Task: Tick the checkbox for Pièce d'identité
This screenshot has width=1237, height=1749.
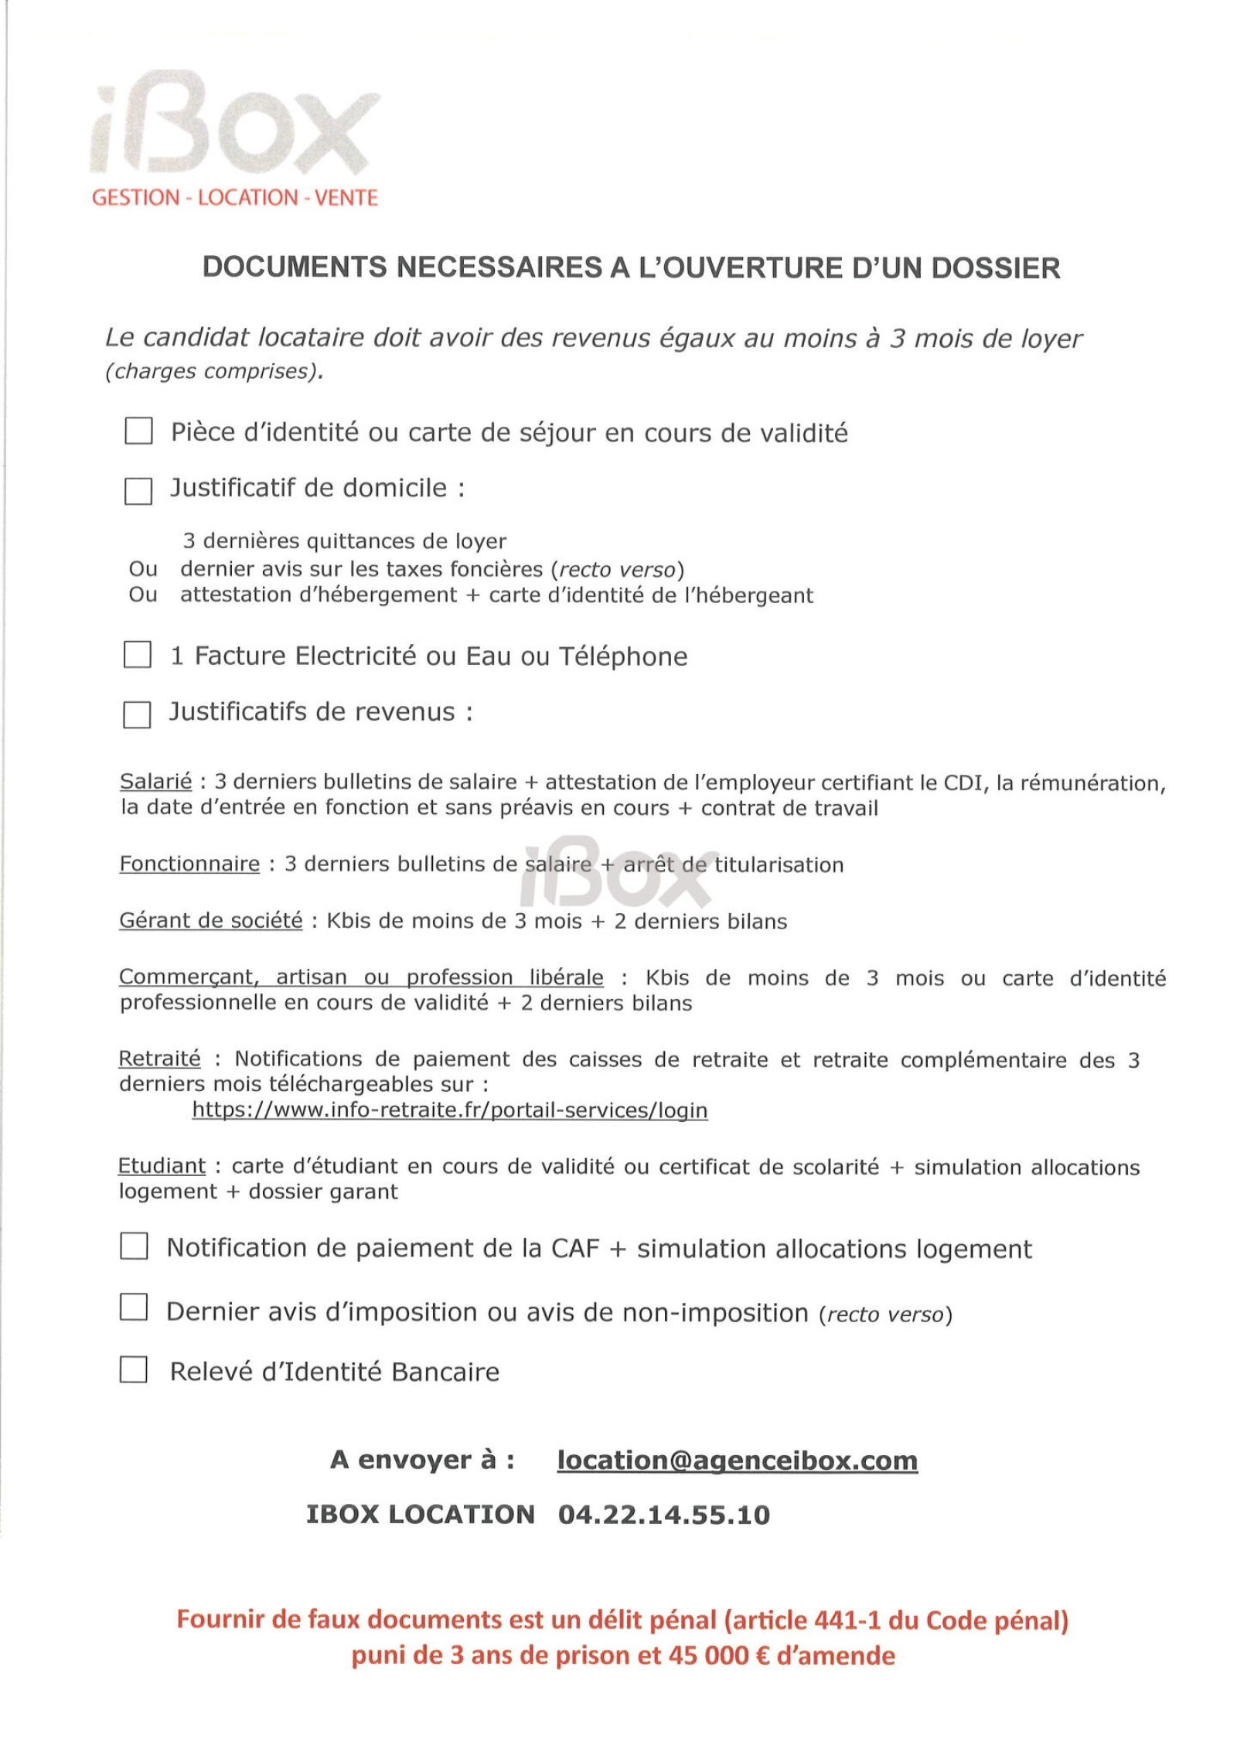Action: tap(138, 431)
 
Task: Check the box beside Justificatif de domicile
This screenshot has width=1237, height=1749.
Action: tap(138, 491)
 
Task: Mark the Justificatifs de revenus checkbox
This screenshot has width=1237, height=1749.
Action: tap(137, 714)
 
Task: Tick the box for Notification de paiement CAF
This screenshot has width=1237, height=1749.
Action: tap(134, 1246)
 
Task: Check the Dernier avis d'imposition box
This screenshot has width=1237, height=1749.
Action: tap(134, 1307)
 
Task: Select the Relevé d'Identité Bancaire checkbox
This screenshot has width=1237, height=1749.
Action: tap(133, 1369)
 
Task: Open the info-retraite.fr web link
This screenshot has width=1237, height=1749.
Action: tap(449, 1110)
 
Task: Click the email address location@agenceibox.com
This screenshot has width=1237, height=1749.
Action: tap(737, 1460)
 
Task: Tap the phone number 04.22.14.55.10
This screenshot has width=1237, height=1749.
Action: tap(663, 1514)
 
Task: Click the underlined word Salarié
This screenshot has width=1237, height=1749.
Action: tap(155, 782)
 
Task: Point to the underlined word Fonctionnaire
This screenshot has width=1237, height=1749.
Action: tap(189, 864)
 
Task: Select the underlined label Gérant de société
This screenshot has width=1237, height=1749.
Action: tap(210, 921)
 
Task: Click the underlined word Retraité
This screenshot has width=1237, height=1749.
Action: tap(159, 1059)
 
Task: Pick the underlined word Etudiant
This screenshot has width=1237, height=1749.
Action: tap(162, 1166)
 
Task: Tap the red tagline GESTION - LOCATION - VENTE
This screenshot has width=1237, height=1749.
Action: tap(234, 198)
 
